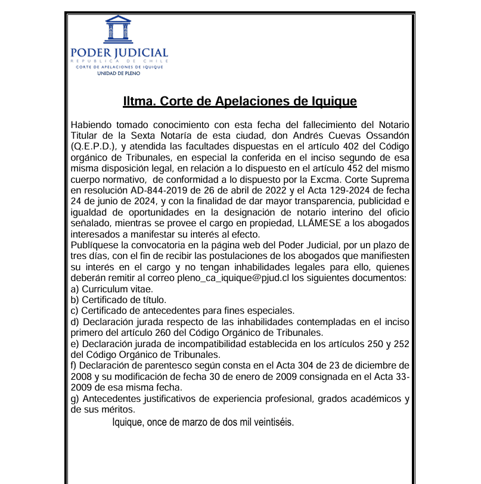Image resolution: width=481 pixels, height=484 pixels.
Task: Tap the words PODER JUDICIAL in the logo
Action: pyautogui.click(x=119, y=53)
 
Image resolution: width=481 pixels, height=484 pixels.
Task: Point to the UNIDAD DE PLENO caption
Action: pyautogui.click(x=119, y=73)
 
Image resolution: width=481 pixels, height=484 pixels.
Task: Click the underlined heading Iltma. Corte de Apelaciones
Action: pyautogui.click(x=240, y=101)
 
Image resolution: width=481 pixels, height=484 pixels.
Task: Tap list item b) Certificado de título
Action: pyautogui.click(x=118, y=299)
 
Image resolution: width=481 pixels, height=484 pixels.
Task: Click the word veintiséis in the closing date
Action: pyautogui.click(x=271, y=423)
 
